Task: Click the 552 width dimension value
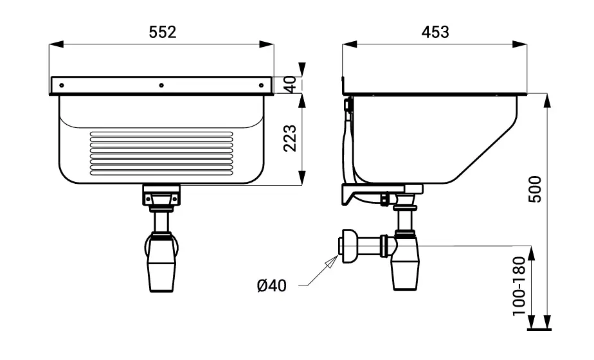(163, 32)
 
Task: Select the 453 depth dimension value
(435, 32)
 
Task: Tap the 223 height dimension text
(290, 138)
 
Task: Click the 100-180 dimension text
(519, 286)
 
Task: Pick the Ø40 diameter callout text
(272, 285)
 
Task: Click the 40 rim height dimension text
(290, 84)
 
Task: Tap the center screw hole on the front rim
(161, 85)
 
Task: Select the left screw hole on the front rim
(62, 85)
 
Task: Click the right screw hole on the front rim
(261, 85)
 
